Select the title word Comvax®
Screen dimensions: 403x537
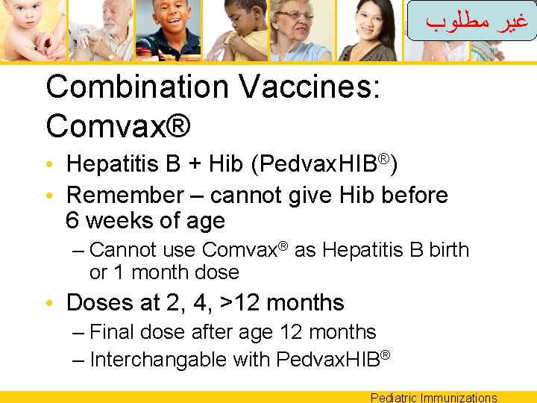[118, 127]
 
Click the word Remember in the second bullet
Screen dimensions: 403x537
[124, 196]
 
